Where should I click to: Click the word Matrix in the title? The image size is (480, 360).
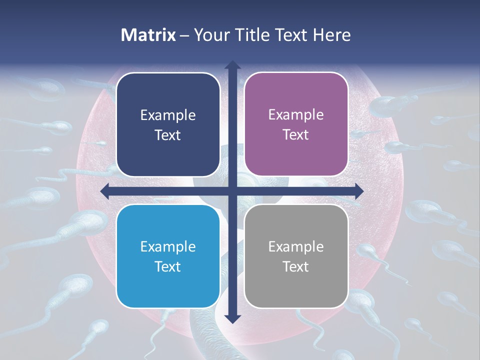148,35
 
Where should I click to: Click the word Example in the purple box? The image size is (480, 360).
296,115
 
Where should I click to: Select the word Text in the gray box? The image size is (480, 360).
296,266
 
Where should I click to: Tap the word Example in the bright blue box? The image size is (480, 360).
168,246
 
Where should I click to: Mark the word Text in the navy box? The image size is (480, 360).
168,135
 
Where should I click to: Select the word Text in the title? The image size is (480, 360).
290,35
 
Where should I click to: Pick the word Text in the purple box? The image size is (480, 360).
296,134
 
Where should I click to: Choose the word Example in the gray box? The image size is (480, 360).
296,246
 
